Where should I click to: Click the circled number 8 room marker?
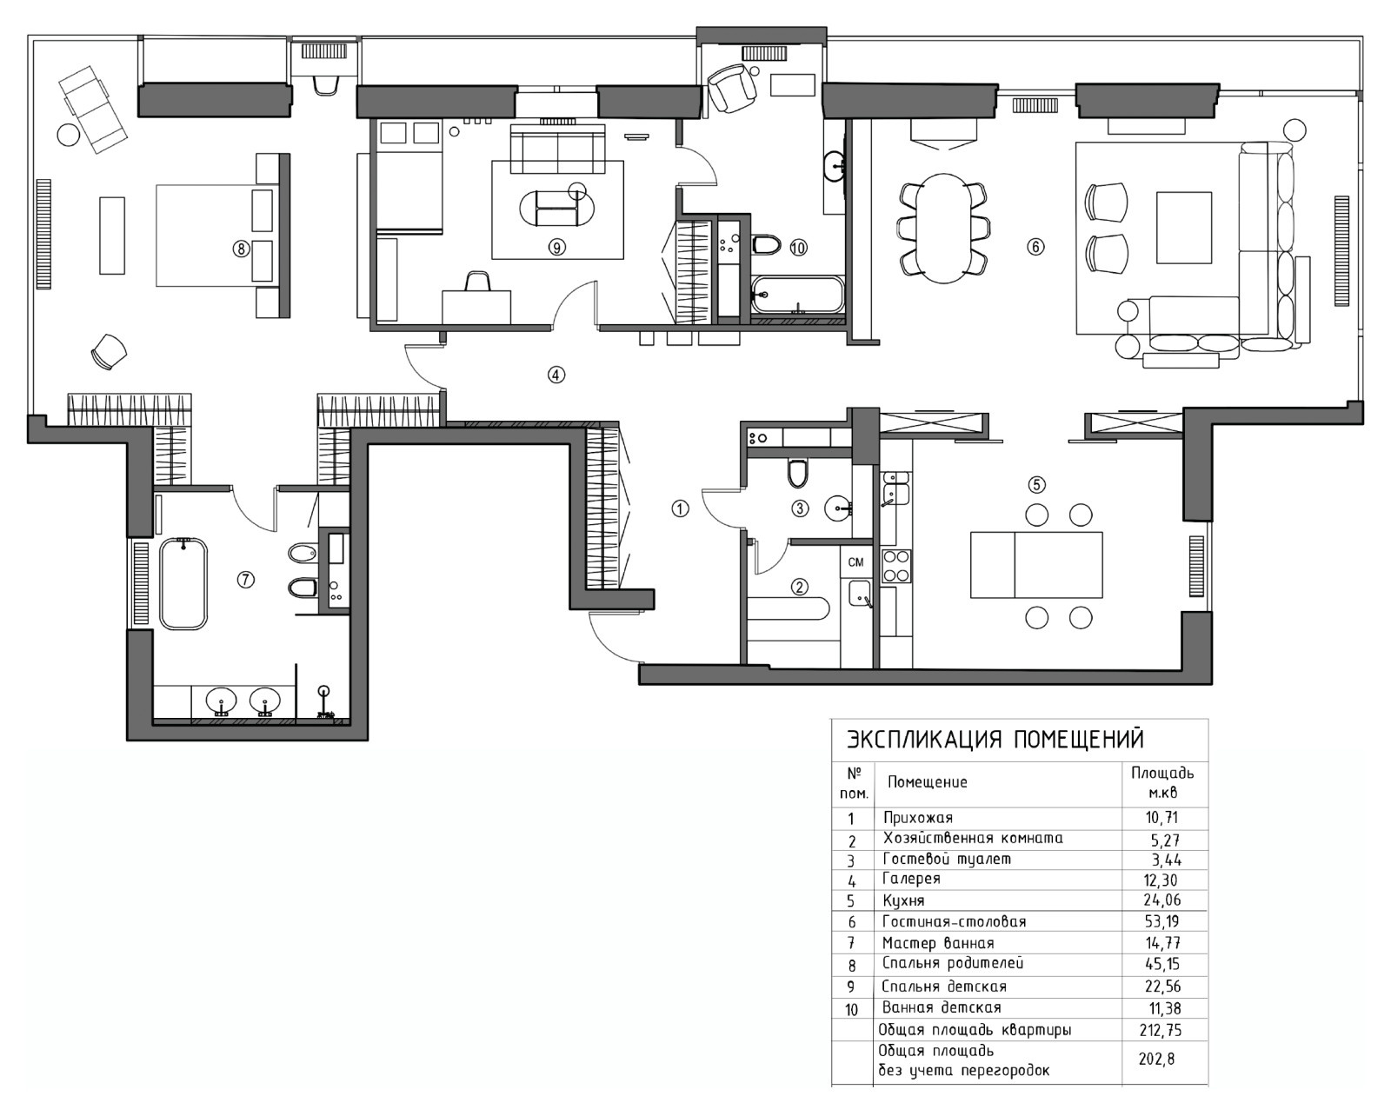pos(241,249)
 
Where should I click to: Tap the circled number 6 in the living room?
pos(1035,246)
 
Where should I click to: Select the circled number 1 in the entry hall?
pos(680,509)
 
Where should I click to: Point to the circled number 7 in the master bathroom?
pos(246,580)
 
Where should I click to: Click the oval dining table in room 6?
pos(944,228)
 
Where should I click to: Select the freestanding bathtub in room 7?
pos(184,583)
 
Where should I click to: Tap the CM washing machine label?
pos(855,562)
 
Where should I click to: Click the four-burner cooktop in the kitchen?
pos(895,566)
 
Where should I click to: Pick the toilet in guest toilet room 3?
pos(797,474)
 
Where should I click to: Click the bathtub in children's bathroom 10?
pos(798,295)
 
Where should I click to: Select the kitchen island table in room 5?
pos(1037,565)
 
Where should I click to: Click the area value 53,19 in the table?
pos(1161,920)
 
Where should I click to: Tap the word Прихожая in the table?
pos(918,818)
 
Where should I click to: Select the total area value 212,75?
pos(1161,1030)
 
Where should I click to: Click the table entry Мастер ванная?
pos(938,943)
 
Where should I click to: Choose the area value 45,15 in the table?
pos(1161,964)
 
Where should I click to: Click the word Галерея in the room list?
pos(911,879)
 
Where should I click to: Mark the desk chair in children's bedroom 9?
pos(476,282)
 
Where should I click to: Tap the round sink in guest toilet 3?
pos(838,508)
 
